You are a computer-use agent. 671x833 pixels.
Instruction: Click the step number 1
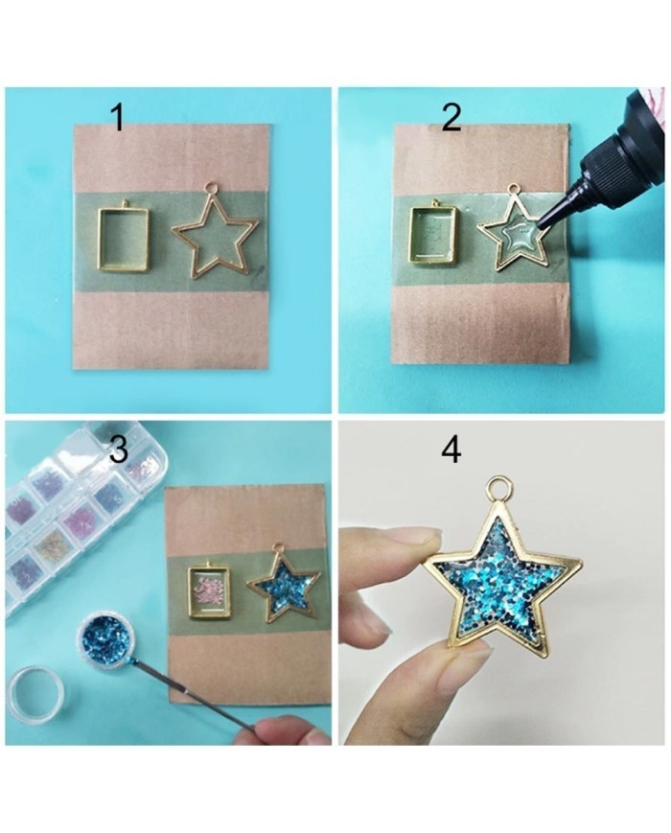118,118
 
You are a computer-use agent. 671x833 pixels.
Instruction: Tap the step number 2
451,118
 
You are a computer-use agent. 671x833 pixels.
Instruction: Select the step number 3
118,449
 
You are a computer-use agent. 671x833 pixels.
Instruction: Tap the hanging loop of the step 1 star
212,188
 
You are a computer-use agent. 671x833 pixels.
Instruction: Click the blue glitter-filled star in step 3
282,590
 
